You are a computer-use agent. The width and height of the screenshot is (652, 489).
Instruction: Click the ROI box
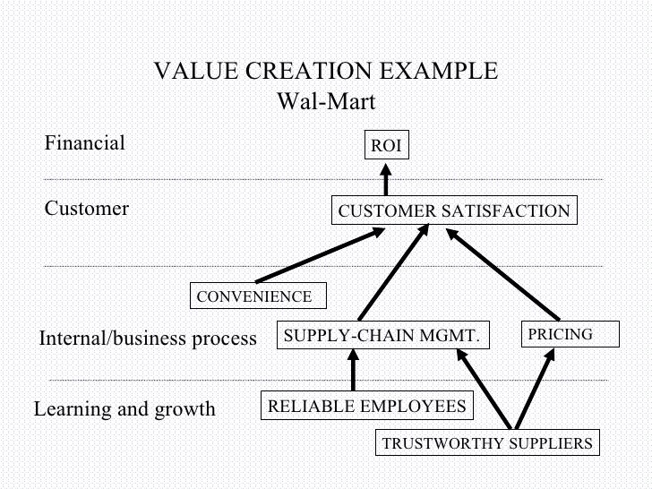tap(386, 146)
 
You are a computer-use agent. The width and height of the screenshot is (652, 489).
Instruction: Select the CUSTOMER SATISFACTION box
tap(454, 211)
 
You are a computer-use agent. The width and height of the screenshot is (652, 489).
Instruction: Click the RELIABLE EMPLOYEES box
tap(366, 406)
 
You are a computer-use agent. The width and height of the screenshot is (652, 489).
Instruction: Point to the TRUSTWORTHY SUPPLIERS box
tap(487, 442)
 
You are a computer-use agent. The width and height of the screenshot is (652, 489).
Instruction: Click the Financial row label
tap(85, 142)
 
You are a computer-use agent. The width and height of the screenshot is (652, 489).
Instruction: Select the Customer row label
tap(87, 209)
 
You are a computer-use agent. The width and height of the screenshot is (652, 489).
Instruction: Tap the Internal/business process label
tap(148, 339)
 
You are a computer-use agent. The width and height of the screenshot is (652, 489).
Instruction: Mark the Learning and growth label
tap(124, 409)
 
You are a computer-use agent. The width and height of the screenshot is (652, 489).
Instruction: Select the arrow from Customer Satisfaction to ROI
tap(386, 178)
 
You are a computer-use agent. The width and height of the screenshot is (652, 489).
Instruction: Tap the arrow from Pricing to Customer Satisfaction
tap(503, 275)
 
